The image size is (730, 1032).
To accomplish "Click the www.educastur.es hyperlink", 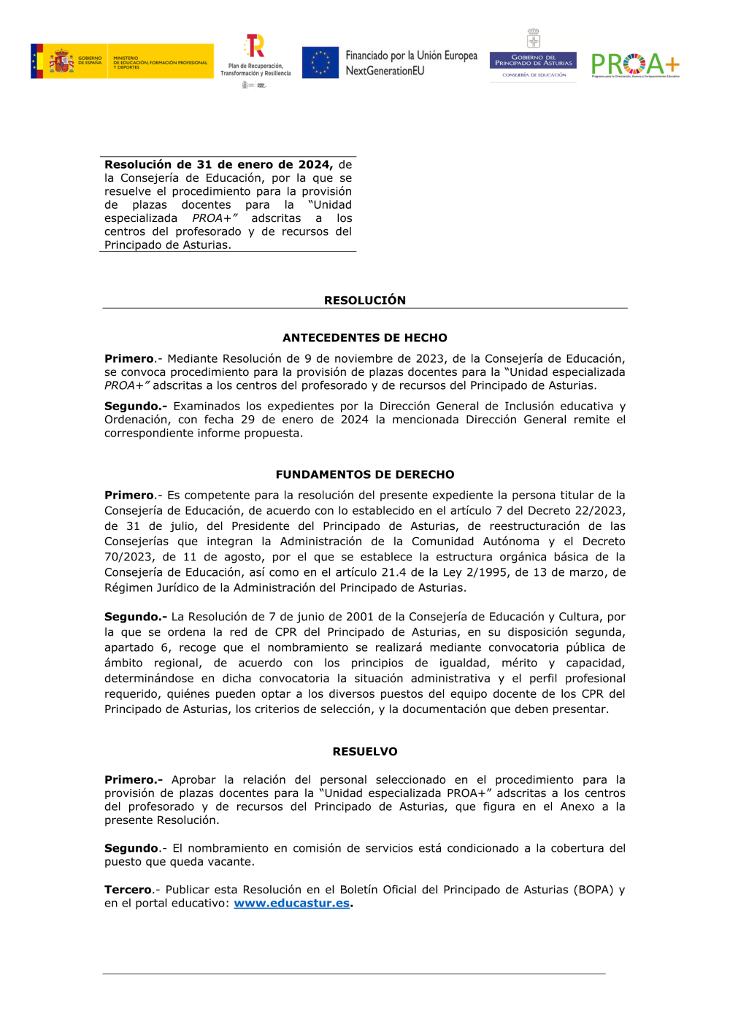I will click(291, 904).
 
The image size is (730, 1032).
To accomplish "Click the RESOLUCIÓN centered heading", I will click(365, 300).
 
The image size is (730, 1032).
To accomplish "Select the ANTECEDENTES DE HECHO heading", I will click(365, 338).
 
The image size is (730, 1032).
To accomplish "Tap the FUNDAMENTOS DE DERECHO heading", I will click(365, 474).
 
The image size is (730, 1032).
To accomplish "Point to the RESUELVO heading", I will click(365, 752).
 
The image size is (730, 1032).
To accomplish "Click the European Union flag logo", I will click(320, 63).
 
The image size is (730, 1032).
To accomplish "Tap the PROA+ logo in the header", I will click(635, 65).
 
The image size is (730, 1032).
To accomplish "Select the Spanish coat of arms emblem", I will click(61, 61).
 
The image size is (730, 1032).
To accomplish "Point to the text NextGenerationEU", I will click(385, 71).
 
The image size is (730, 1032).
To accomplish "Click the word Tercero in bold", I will click(128, 890).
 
